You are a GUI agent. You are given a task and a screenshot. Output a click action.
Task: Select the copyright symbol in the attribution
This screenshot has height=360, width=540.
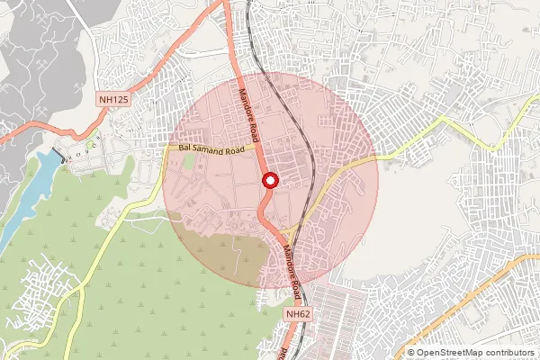tap(411, 353)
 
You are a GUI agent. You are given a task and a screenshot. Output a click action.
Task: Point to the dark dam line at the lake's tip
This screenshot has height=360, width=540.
tap(59, 156)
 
